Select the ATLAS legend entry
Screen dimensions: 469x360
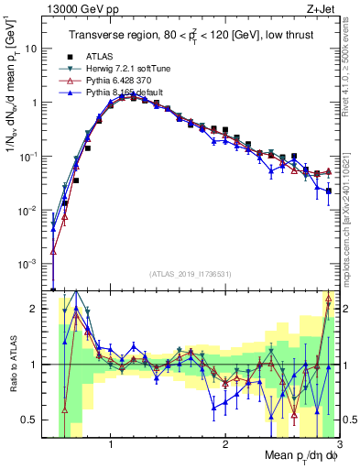[99, 56]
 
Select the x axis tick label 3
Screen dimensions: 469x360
[338, 444]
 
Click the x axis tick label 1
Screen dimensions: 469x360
[111, 444]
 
